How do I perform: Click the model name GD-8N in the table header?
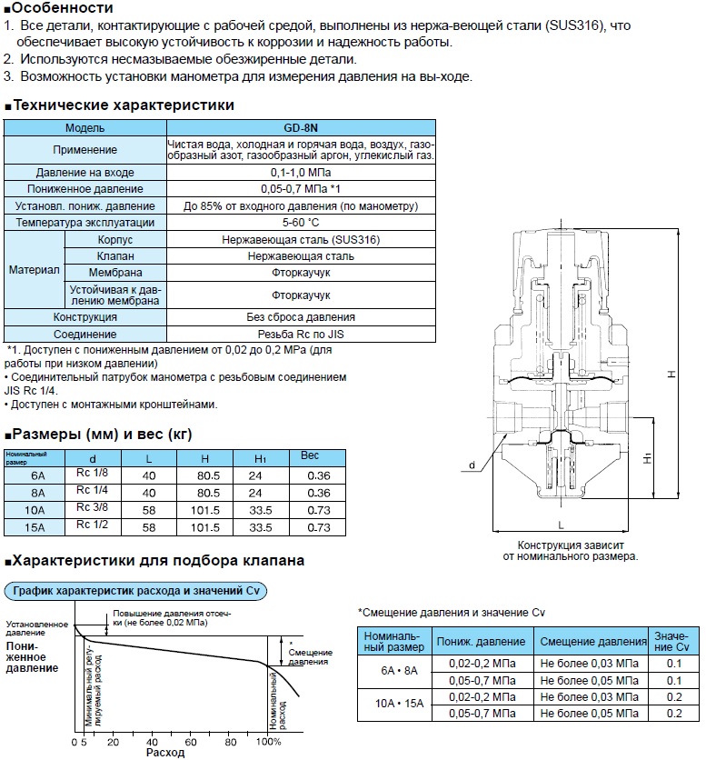301,128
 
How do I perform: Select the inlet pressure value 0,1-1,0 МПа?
301,172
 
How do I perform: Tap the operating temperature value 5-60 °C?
301,223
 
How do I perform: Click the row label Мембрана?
114,273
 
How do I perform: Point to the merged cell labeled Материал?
35,271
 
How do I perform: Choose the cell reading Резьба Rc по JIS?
301,334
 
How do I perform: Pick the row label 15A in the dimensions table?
36,526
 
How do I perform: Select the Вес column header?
310,455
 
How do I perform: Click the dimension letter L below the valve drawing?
562,525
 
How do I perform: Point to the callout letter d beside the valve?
472,465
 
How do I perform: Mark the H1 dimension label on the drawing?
671,461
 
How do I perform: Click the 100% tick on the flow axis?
270,741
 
